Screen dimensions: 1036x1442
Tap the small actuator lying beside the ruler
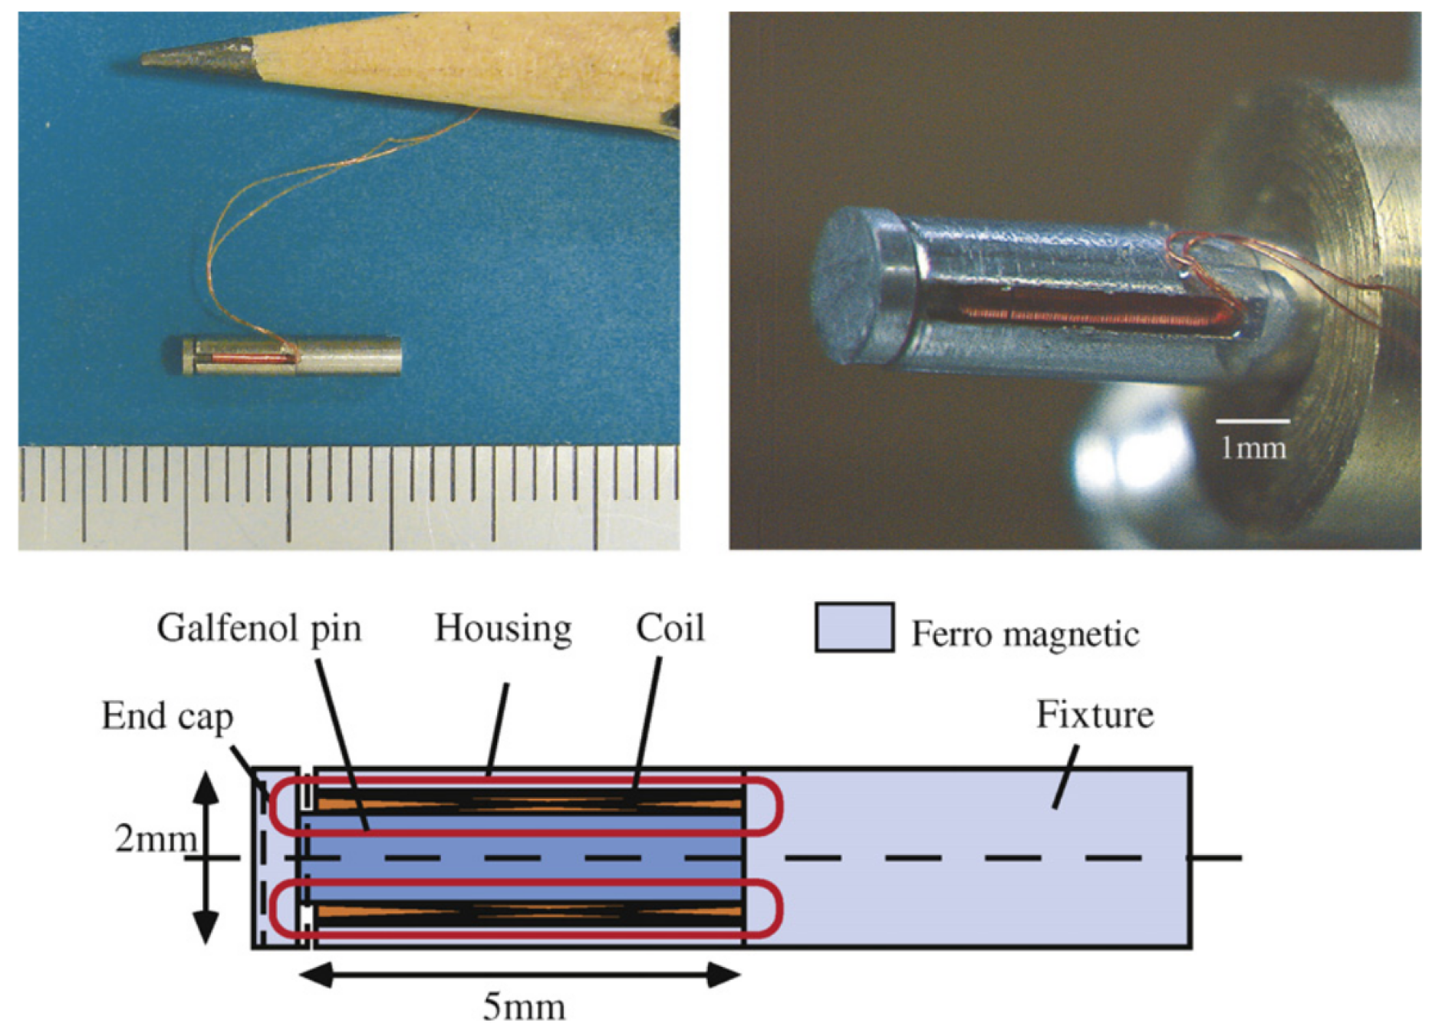(x=291, y=357)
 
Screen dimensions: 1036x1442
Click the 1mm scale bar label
(x=1253, y=448)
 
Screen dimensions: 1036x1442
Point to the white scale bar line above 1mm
(x=1252, y=421)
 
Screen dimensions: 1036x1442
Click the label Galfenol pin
(x=258, y=629)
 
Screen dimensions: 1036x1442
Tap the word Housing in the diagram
(x=503, y=629)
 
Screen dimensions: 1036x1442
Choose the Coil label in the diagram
(x=670, y=629)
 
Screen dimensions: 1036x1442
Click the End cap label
(x=167, y=717)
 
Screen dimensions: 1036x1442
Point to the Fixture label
(x=1095, y=715)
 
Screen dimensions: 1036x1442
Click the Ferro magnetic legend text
(x=1025, y=635)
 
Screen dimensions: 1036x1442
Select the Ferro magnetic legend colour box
(x=854, y=628)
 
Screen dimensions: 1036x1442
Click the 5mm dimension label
(x=523, y=1007)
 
